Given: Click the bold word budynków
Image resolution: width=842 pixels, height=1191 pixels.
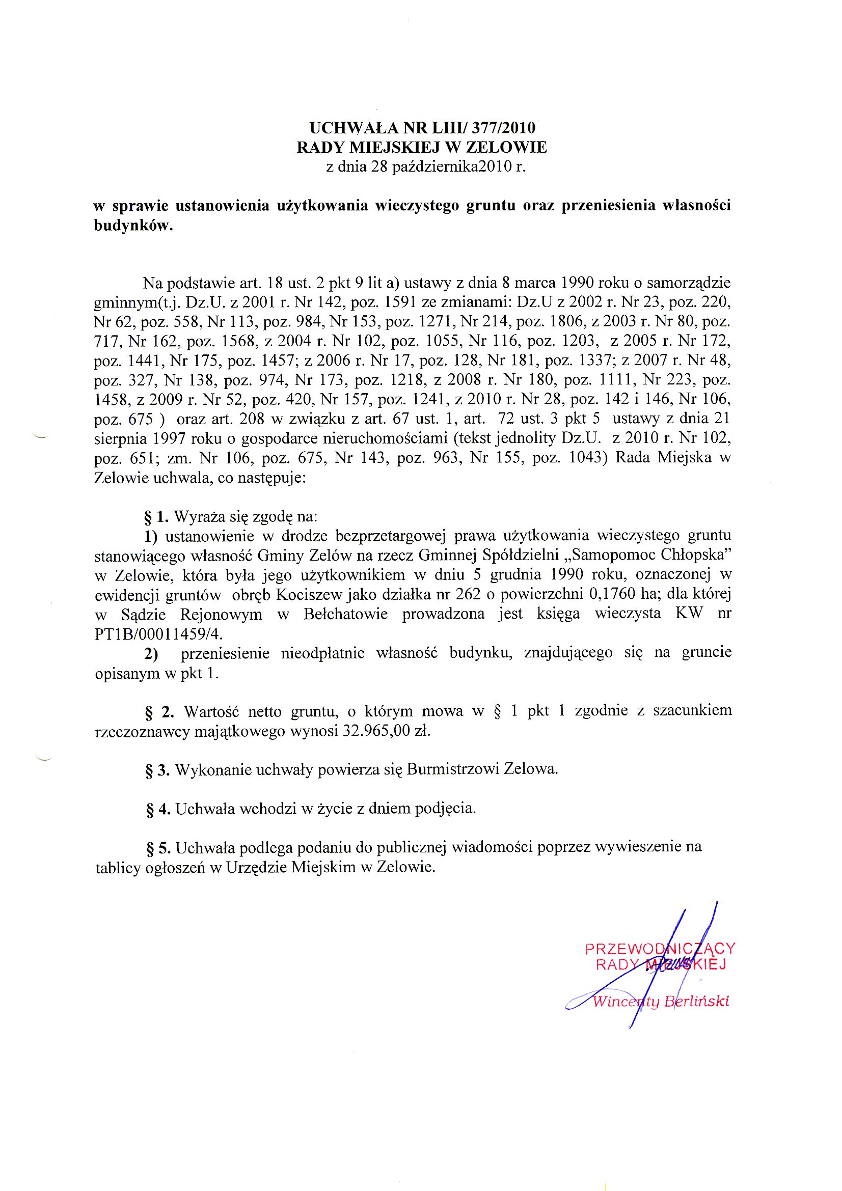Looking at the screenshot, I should (133, 226).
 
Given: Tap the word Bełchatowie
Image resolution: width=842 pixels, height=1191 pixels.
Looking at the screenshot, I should (345, 615).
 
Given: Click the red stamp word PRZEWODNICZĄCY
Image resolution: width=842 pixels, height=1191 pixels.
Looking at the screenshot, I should (660, 949).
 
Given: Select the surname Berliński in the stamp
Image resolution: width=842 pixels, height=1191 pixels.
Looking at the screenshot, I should (697, 1001).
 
